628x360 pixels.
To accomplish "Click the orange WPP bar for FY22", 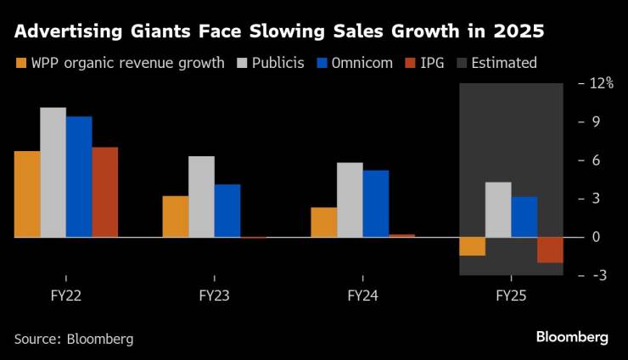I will point(27,194).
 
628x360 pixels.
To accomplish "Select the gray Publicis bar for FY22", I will point(53,172).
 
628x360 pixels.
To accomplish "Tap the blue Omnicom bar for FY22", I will point(79,177).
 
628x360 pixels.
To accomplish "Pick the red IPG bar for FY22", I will point(104,192).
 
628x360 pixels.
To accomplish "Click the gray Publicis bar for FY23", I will point(201,197).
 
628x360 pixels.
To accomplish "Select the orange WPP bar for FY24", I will point(323,222).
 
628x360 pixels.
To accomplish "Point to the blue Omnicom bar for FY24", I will point(376,204).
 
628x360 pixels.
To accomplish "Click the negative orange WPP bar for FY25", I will point(473,246).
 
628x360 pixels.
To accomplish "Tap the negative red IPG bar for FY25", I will point(550,250).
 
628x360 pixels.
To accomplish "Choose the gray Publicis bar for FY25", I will point(498,210).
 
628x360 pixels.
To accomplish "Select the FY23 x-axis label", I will point(213,296).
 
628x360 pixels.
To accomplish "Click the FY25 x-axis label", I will point(511,296).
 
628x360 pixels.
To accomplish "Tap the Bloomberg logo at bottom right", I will point(572,337).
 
